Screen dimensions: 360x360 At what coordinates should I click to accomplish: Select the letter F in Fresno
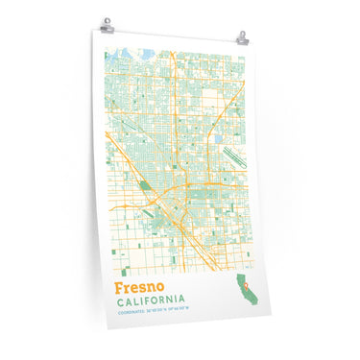(x=119, y=287)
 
